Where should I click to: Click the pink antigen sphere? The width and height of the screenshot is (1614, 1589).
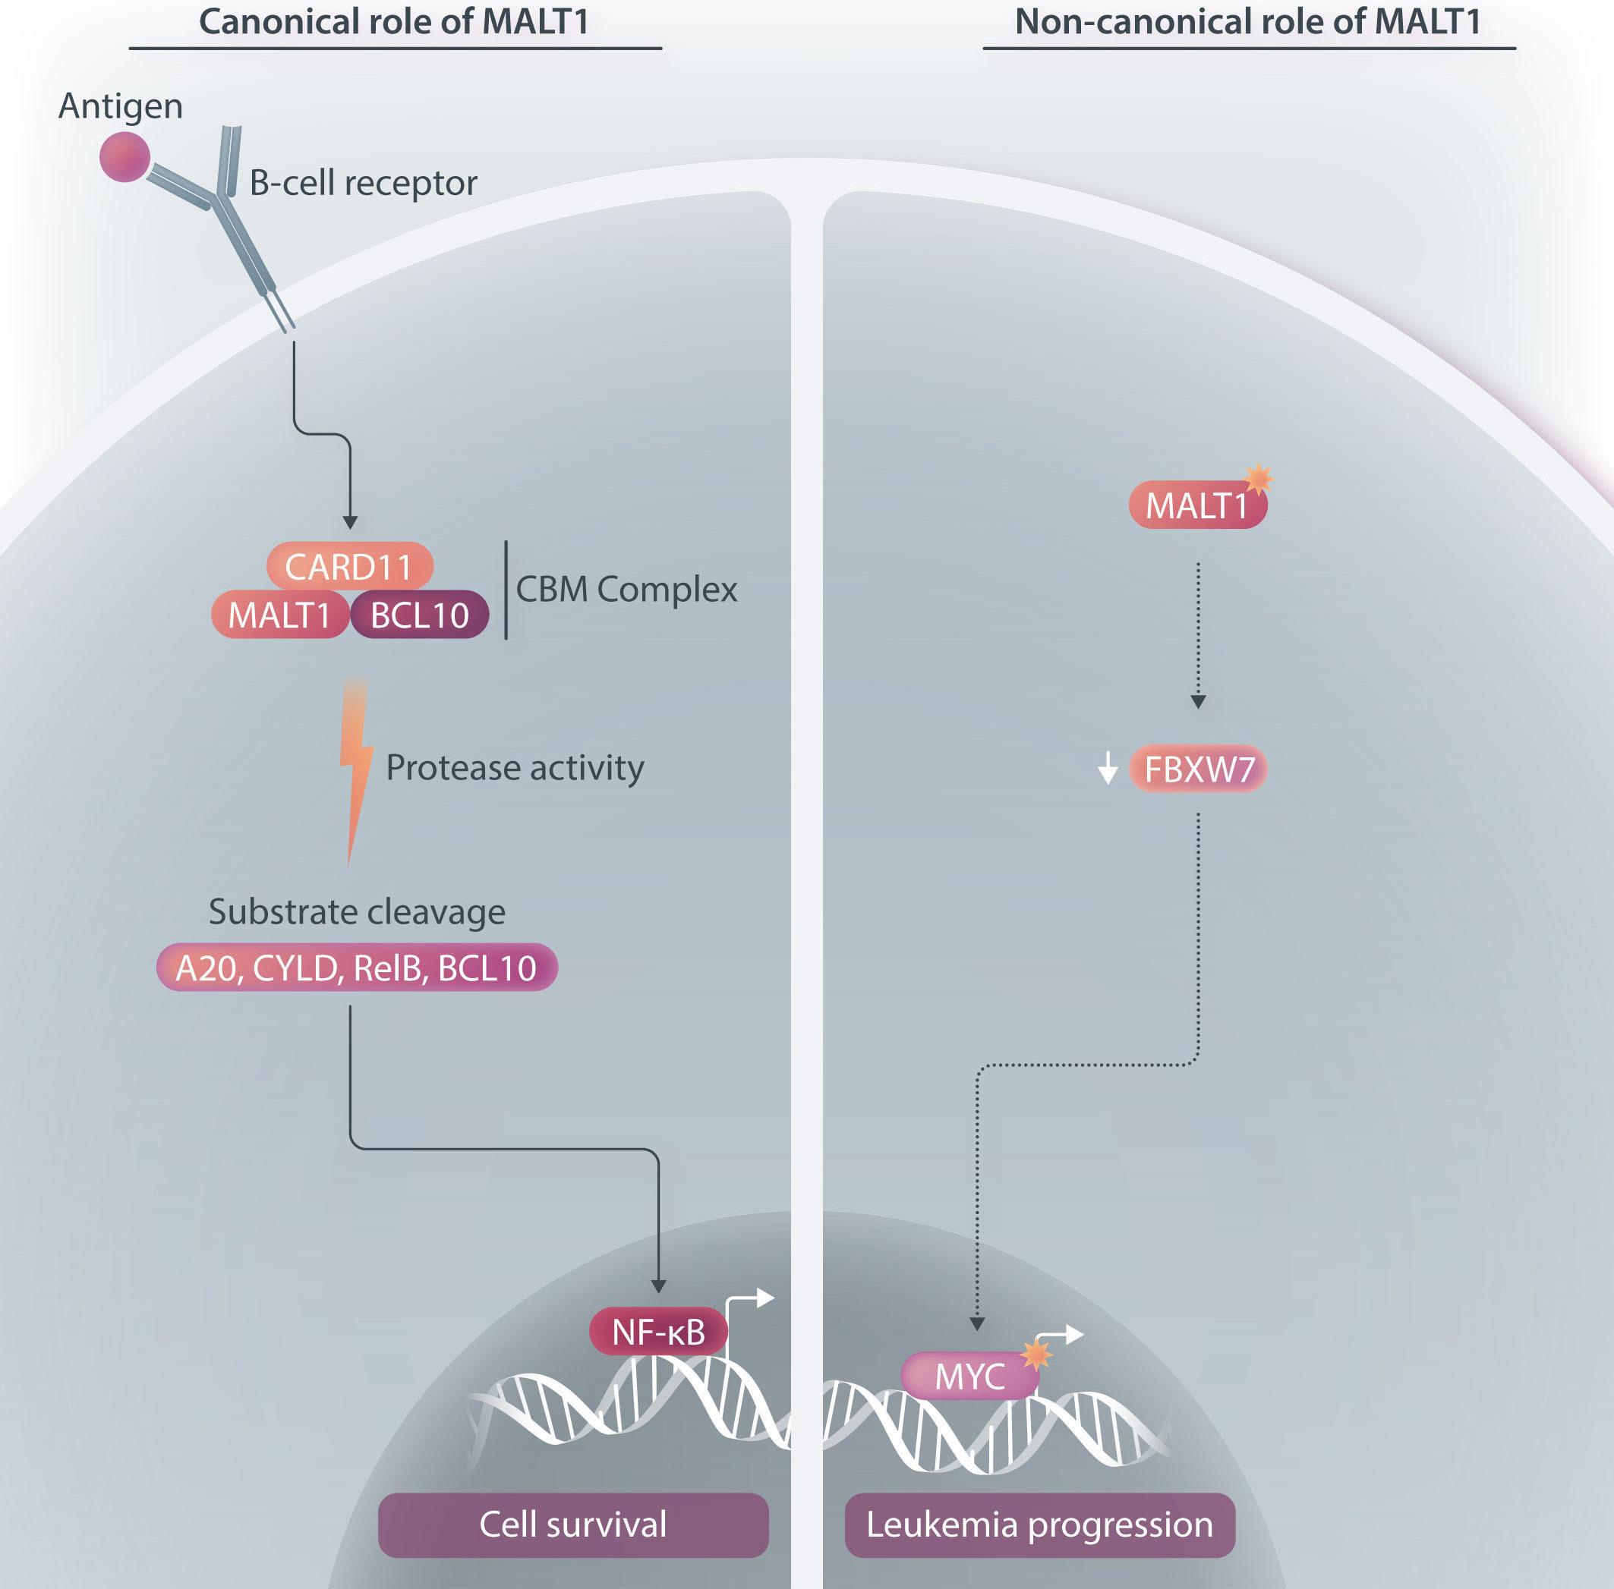(x=125, y=156)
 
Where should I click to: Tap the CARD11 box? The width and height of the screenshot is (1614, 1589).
(x=349, y=567)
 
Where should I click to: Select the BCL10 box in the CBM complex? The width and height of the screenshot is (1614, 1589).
(x=419, y=615)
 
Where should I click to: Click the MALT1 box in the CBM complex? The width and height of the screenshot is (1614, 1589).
(x=279, y=615)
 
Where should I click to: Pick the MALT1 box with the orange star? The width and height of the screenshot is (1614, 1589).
(x=1196, y=505)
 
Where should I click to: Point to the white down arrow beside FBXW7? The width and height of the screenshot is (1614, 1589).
(x=1107, y=768)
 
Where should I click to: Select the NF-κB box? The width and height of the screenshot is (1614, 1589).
(x=658, y=1331)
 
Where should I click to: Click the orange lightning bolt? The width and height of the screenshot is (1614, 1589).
(x=355, y=768)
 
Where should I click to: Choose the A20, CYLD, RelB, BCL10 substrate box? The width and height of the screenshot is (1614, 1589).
(x=357, y=968)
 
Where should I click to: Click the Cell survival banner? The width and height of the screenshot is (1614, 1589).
(x=572, y=1524)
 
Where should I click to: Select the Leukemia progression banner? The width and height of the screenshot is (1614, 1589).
(x=1039, y=1524)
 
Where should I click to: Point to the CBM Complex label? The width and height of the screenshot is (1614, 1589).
(x=626, y=589)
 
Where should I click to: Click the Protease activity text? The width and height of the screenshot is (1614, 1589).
(x=515, y=768)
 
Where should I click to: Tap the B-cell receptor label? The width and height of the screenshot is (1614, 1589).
(x=363, y=183)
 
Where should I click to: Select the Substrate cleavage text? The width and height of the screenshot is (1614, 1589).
(x=357, y=912)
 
